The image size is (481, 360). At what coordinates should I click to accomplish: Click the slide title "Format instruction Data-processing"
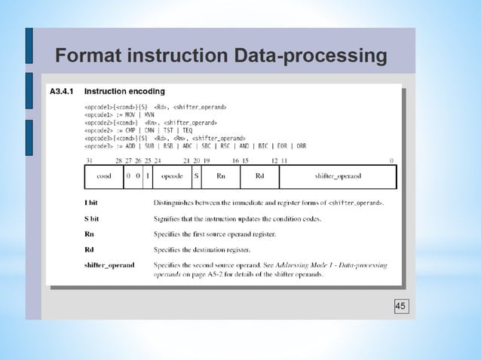[221, 56]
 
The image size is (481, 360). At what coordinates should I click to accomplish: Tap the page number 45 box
[400, 306]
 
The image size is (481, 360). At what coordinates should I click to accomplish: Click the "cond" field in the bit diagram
[104, 176]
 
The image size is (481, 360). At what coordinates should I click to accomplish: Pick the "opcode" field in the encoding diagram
[173, 176]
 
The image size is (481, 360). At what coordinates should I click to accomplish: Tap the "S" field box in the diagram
[197, 176]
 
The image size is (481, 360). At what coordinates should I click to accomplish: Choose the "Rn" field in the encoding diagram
[221, 176]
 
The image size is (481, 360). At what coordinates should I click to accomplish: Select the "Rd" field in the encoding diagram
[259, 176]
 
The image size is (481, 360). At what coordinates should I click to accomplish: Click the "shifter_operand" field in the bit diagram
[337, 176]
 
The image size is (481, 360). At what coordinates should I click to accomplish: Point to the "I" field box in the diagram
[147, 176]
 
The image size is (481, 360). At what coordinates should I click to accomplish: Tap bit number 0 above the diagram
[391, 160]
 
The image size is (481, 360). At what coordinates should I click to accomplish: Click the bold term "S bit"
[93, 218]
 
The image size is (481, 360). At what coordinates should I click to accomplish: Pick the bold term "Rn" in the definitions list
[89, 234]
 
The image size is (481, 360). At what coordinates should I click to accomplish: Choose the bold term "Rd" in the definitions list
[89, 249]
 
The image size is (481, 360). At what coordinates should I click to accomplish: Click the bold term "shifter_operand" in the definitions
[109, 265]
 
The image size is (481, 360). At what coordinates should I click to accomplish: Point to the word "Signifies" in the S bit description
[169, 218]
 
